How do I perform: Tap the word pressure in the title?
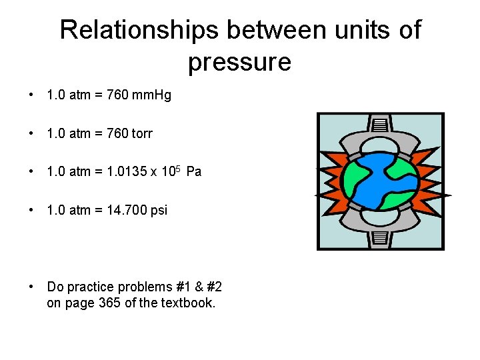[x=239, y=62]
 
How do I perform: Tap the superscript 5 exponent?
[x=179, y=167]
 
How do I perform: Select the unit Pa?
[x=194, y=172]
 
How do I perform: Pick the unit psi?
[x=159, y=211]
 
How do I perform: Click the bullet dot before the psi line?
[x=31, y=211]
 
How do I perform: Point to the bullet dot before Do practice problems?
[x=31, y=287]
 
